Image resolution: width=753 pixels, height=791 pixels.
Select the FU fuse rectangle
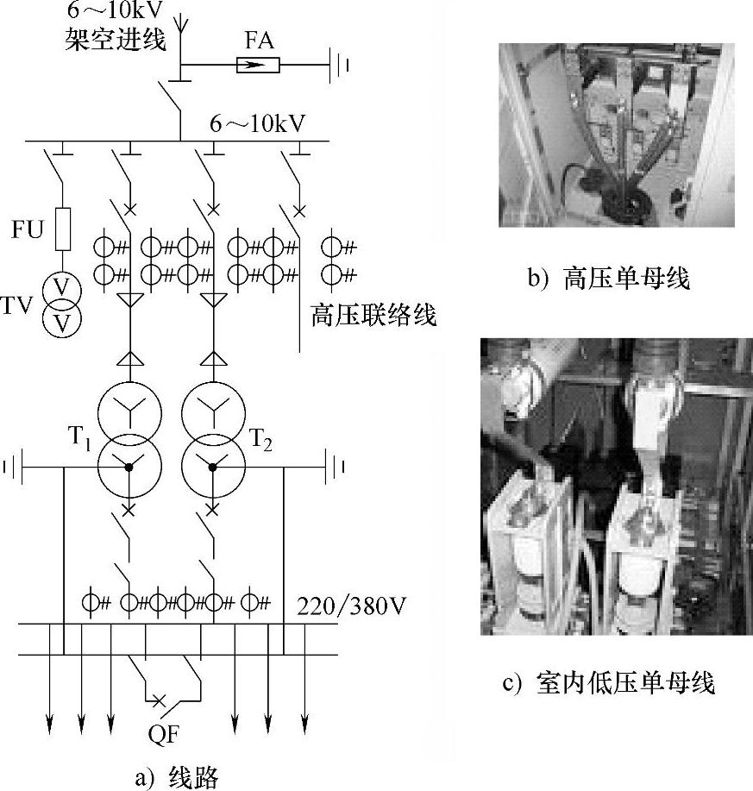click(63, 227)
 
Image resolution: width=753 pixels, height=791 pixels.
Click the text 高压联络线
click(373, 316)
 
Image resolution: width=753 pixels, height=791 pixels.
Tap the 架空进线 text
click(115, 41)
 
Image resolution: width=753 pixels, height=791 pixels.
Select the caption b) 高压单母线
click(609, 279)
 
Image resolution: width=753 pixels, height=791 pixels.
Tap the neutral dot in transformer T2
click(213, 467)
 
